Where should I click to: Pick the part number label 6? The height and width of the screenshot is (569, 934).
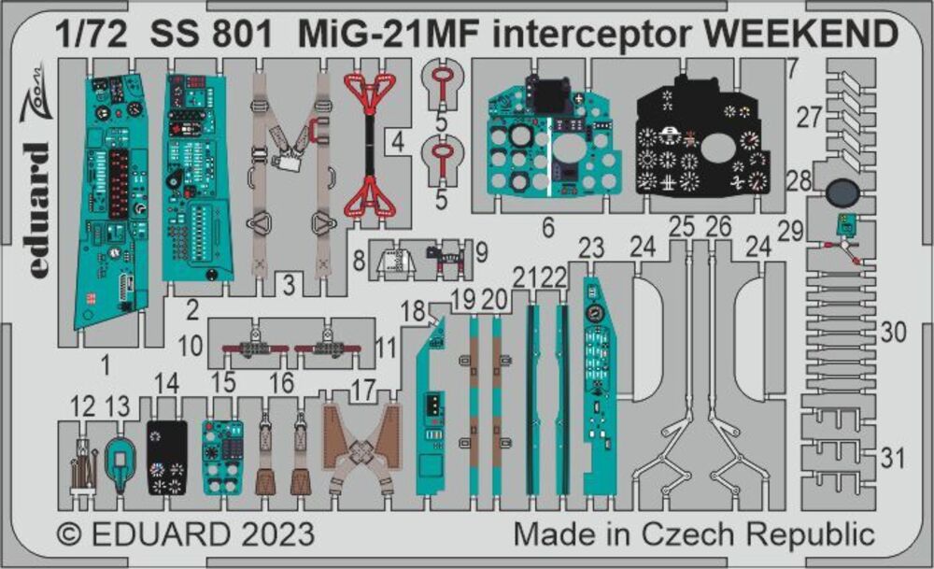(548, 226)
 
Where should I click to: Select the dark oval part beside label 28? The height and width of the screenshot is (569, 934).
(842, 193)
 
